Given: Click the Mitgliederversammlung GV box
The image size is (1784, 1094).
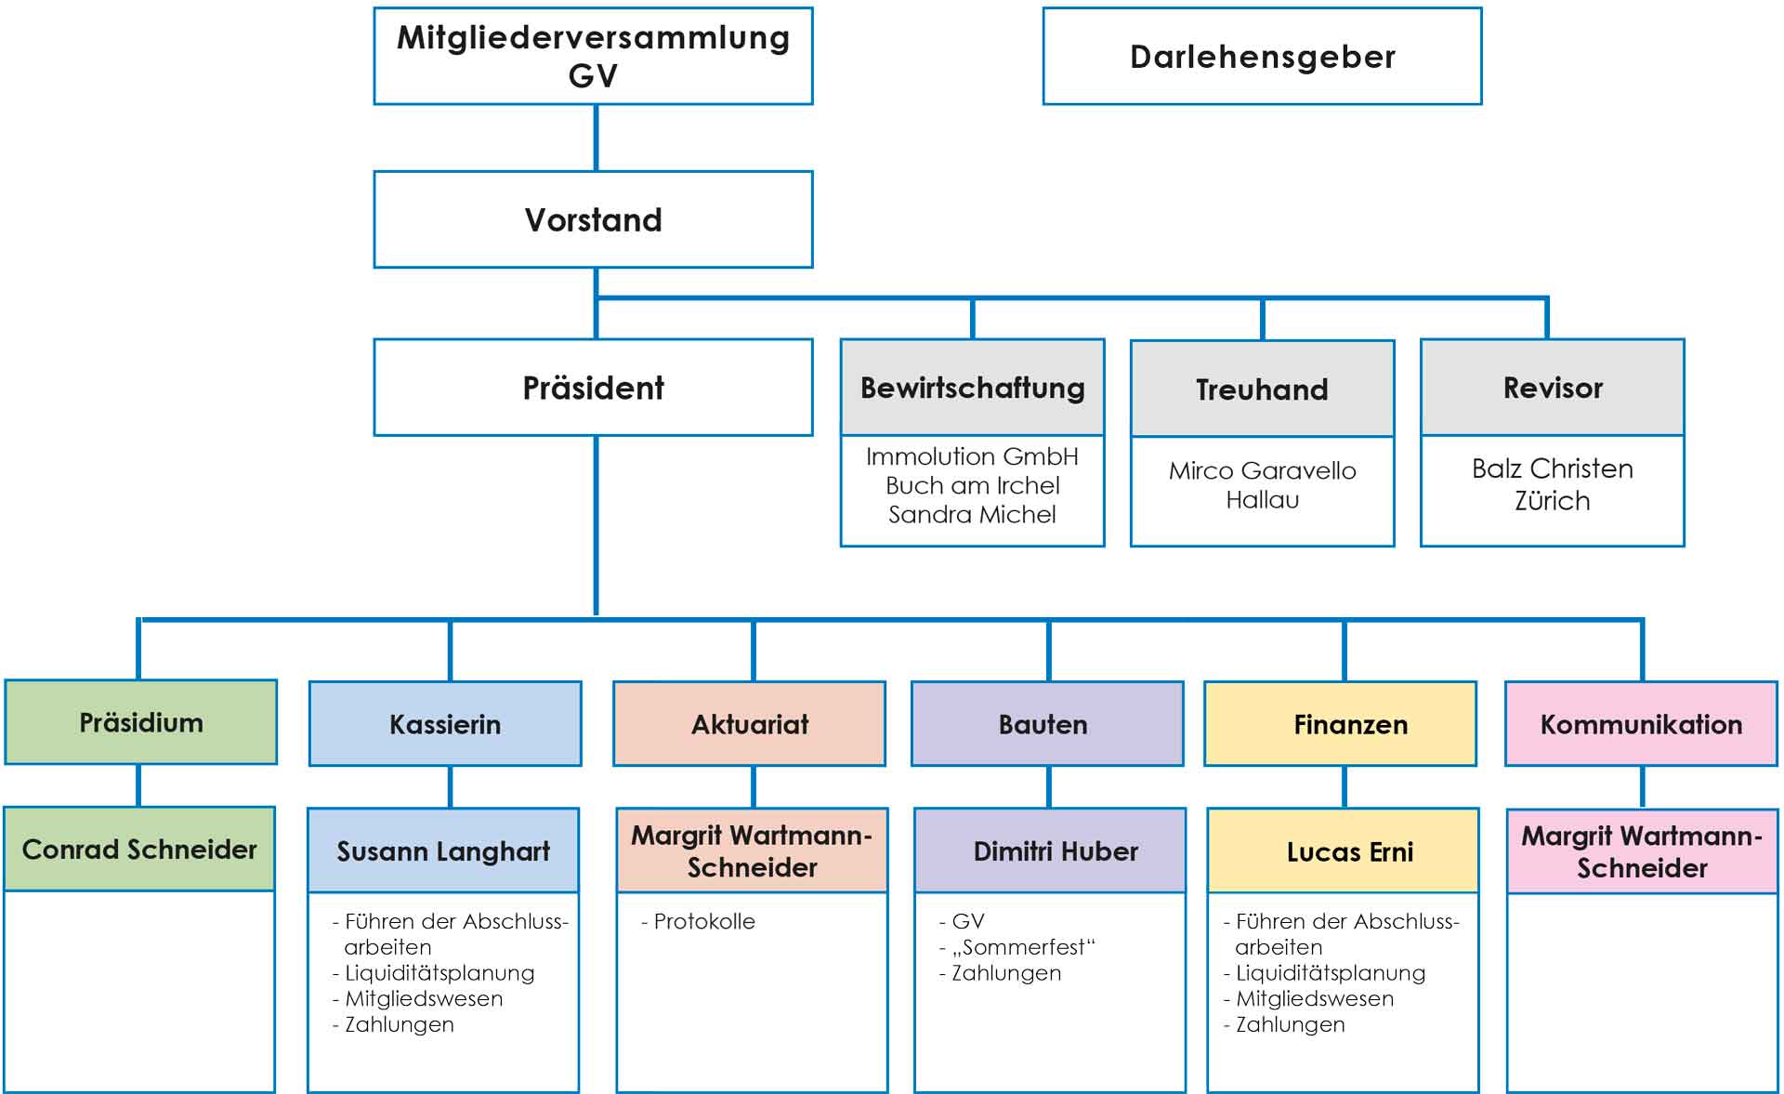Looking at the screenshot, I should pos(593,56).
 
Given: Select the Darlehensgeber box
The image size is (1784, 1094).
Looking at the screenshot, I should pos(1262,57).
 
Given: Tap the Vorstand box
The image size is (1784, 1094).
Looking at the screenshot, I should pos(593,220).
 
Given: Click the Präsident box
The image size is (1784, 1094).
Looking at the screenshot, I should pos(593,388).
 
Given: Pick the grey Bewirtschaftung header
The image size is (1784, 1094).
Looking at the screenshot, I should pos(972,388).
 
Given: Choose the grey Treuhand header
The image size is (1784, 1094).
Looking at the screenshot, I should pos(1262,389).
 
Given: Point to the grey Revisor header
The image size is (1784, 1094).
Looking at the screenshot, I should pos(1552,388).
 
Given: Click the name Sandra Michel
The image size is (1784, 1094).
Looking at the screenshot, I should pos(972,515).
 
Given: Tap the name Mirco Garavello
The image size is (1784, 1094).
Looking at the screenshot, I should pos(1262,471).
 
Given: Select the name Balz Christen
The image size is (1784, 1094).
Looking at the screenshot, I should pos(1552,468).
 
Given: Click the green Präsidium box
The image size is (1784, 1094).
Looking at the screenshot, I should pos(141,723).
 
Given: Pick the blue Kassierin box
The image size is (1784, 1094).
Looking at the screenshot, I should pos(445,724).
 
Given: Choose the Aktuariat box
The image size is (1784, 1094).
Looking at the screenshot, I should pos(749,724).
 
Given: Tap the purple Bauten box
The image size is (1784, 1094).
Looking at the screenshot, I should pos(1047,724).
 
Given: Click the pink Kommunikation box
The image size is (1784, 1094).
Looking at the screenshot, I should pos(1641,724).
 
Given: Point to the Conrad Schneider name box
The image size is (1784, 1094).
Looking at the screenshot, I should pos(139,850).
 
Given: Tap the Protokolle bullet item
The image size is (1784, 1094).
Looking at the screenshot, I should pos(703,922).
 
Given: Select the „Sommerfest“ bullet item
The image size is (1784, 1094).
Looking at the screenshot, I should pos(1022,948).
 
